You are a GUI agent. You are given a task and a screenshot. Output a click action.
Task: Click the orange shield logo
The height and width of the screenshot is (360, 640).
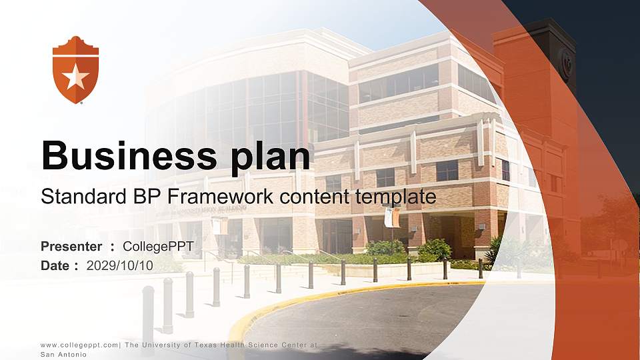tap(75, 70)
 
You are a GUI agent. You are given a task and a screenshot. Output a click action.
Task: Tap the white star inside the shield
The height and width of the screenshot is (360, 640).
tap(75, 77)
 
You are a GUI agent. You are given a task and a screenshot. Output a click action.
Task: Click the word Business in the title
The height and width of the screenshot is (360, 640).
tap(129, 155)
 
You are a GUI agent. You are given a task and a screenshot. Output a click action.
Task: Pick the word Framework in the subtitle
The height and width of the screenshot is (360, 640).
tap(221, 196)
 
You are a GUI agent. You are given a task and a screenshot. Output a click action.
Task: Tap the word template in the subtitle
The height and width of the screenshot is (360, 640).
tap(395, 197)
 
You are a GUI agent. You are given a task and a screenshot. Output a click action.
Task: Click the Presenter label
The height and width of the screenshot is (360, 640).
tap(71, 247)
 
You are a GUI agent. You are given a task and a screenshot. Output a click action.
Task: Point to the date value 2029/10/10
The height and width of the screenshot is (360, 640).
tap(119, 266)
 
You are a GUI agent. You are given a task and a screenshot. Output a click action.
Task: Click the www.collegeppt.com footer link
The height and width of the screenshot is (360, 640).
tap(79, 345)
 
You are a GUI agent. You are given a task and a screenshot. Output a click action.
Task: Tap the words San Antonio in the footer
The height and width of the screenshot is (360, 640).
tap(64, 355)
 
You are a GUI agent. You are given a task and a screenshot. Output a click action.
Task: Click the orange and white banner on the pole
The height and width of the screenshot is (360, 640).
tap(392, 217)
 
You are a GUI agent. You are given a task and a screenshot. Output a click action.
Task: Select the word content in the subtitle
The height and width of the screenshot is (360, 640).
tap(315, 197)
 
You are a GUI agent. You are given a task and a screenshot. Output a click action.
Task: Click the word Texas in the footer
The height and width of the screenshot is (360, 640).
tap(205, 345)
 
